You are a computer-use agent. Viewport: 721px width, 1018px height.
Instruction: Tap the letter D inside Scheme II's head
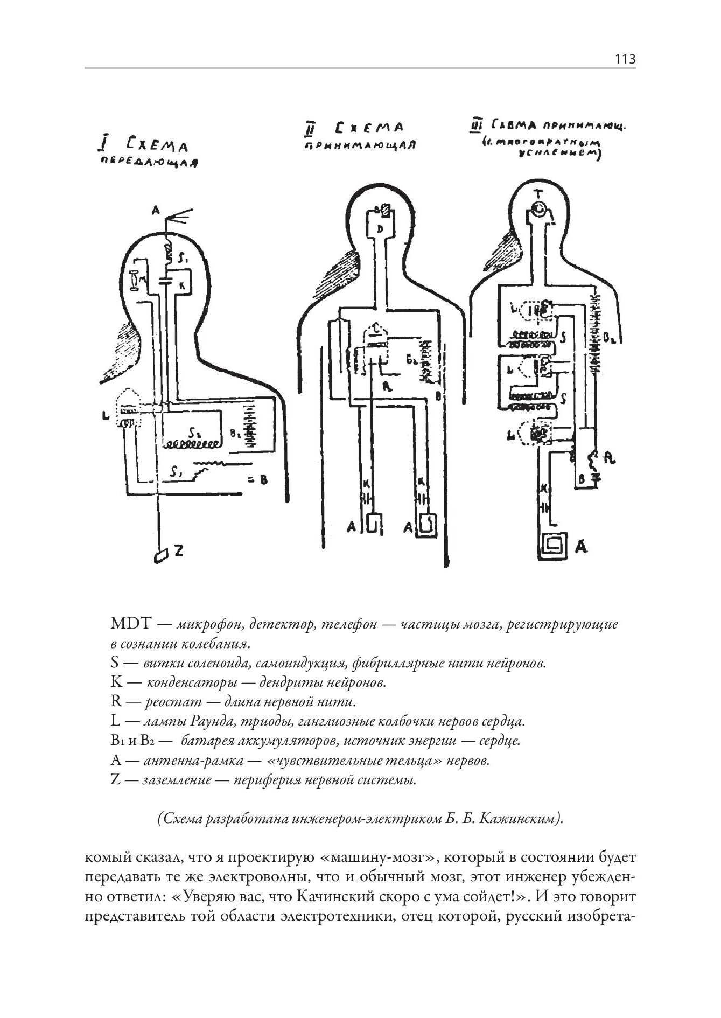(380, 229)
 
